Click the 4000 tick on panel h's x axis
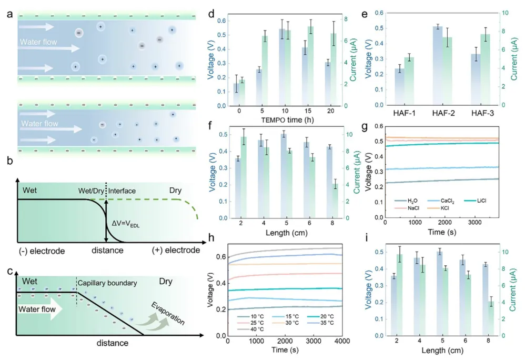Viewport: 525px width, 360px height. tap(342, 343)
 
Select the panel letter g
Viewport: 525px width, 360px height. tap(375, 126)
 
